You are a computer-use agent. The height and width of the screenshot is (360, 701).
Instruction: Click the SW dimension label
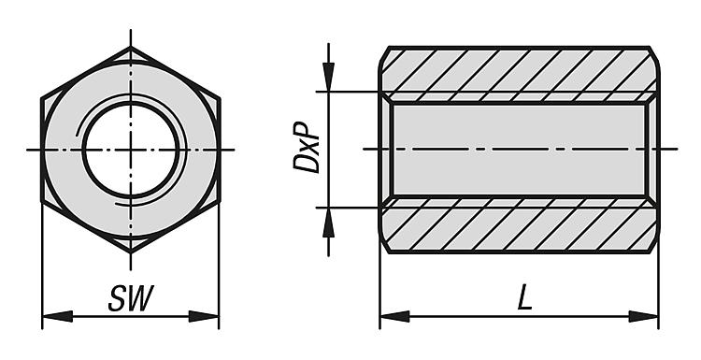pos(131,297)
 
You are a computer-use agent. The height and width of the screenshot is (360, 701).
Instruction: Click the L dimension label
pos(524,297)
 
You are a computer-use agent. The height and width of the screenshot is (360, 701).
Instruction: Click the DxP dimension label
pos(307,147)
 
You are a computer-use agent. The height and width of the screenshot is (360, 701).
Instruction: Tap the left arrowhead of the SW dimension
pos(57,316)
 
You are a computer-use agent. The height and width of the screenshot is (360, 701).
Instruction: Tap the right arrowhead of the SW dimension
pos(204,316)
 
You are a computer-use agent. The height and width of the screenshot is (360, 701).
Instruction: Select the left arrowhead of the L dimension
pos(394,316)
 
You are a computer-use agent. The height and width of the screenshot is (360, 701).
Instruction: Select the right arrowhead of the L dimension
pos(643,316)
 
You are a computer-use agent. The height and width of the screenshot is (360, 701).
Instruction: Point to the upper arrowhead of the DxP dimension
pos(329,77)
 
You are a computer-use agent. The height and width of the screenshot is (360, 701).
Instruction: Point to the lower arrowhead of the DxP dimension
pos(329,223)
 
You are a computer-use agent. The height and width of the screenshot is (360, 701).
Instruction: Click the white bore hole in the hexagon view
pos(131,150)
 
